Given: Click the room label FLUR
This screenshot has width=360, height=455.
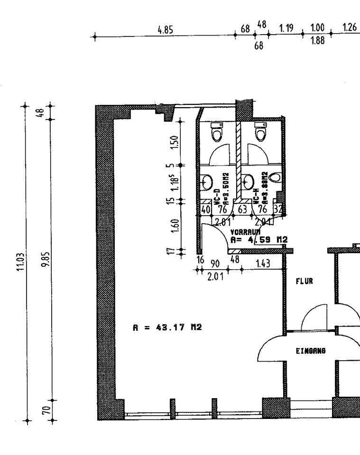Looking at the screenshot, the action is pyautogui.click(x=304, y=281).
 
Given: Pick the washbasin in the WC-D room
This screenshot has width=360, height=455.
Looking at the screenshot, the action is pyautogui.click(x=207, y=180).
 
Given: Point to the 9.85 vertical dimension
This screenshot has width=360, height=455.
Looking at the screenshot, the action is pyautogui.click(x=45, y=258).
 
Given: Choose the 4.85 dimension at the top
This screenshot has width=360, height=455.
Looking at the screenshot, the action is pyautogui.click(x=165, y=30).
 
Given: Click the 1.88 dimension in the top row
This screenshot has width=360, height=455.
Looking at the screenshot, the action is pyautogui.click(x=317, y=41).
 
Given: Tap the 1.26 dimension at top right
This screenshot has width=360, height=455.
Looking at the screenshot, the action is pyautogui.click(x=350, y=28).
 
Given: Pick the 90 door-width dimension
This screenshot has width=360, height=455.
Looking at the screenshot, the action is pyautogui.click(x=215, y=264).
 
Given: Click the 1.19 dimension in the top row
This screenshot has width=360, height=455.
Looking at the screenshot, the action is pyautogui.click(x=286, y=28).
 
